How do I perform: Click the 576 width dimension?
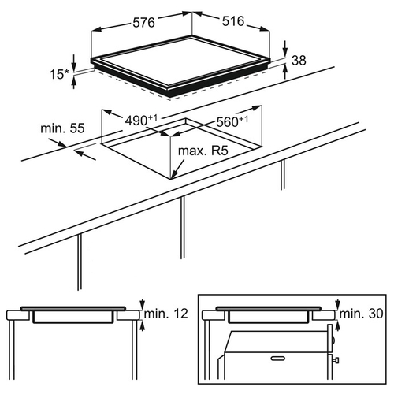pos(143,22)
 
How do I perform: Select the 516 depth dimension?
pos(233,21)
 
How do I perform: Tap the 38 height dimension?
pos(299,61)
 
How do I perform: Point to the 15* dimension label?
pos(59,74)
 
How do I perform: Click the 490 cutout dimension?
pos(141,120)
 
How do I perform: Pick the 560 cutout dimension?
pos(232,121)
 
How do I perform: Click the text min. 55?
pos(62,128)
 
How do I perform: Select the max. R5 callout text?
pos(203,151)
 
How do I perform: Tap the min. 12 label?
pos(166,314)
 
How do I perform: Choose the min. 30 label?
pos(361,314)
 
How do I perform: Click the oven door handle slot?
pos(277,358)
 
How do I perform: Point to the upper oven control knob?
pos(333,340)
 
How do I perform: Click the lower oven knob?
pos(336,360)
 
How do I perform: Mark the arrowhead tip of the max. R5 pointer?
pos(172,178)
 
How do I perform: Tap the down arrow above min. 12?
pos(142,304)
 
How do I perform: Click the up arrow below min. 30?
pos(338,325)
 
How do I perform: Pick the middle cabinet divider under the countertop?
pos(183,228)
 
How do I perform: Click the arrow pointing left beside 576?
pos(111,28)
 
